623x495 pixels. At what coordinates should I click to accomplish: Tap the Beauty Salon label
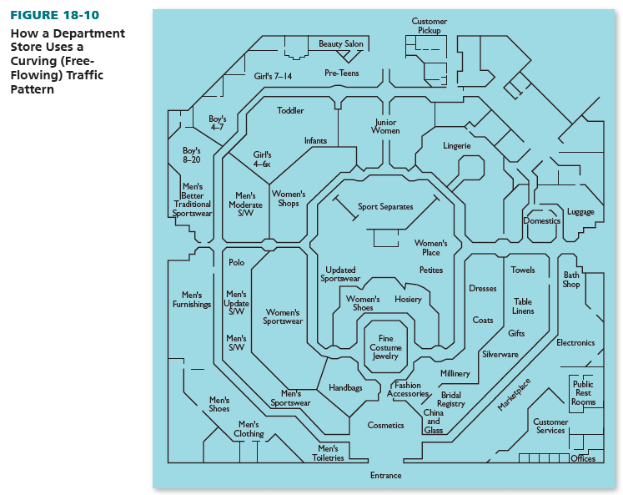click(x=341, y=43)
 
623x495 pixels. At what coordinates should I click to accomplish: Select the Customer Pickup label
click(x=430, y=26)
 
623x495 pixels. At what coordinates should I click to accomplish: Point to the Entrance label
click(x=385, y=476)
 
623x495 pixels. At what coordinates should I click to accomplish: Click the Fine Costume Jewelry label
click(x=385, y=347)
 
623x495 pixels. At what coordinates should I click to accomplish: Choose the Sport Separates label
click(x=385, y=207)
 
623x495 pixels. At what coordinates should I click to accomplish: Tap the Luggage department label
click(x=580, y=212)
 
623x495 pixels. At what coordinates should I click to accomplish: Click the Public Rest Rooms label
click(x=583, y=393)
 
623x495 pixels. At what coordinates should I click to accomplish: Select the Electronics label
click(x=575, y=343)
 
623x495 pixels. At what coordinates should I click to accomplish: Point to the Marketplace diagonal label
click(x=515, y=394)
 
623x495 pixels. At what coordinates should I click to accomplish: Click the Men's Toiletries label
click(x=328, y=453)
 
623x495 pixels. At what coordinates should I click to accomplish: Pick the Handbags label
click(x=345, y=388)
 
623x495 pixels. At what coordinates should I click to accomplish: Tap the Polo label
click(x=237, y=262)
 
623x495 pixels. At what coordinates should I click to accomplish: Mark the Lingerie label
click(x=457, y=146)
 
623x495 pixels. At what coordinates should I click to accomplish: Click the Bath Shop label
click(x=571, y=280)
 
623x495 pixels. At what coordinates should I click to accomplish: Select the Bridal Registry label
click(x=451, y=399)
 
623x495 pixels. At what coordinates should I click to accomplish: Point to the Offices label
click(x=583, y=459)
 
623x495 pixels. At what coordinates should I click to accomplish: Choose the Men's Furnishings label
click(x=192, y=300)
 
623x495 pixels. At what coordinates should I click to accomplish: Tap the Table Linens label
click(x=523, y=306)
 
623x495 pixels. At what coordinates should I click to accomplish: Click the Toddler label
click(x=290, y=111)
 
